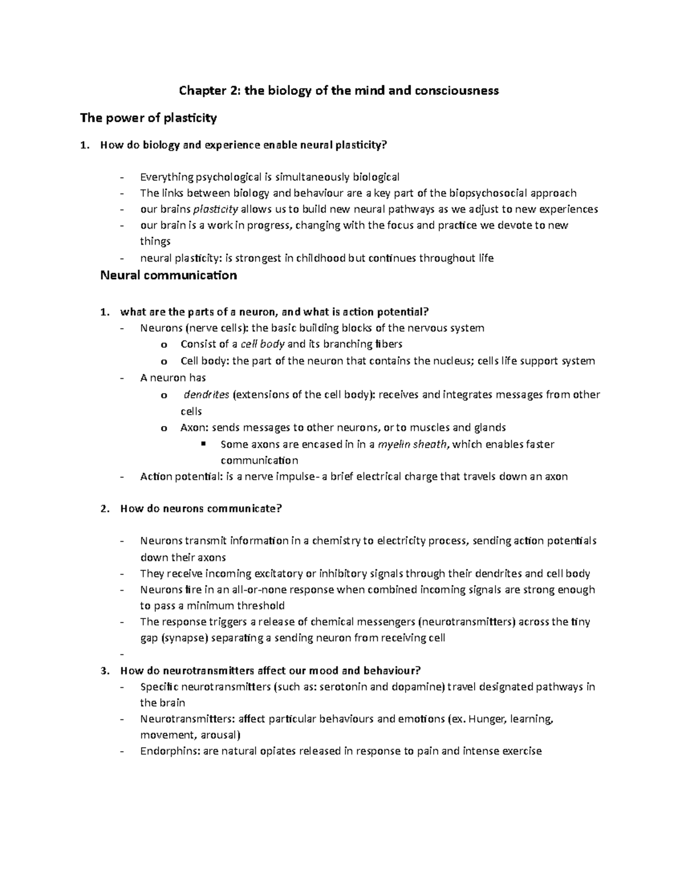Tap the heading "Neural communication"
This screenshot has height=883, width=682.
(x=168, y=276)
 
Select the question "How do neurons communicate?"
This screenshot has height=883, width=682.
(x=201, y=509)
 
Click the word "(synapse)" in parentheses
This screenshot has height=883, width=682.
(x=185, y=638)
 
